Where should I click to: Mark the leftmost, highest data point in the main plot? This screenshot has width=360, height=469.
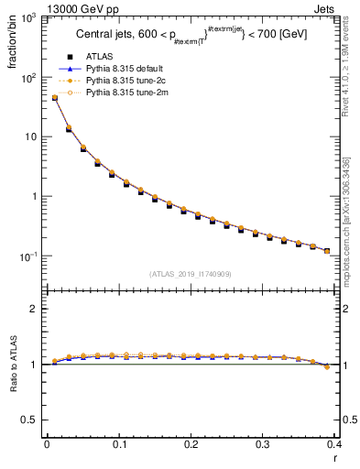coord(54,97)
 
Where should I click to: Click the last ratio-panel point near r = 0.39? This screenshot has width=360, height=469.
coord(327,366)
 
